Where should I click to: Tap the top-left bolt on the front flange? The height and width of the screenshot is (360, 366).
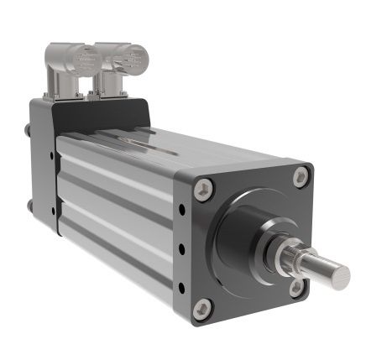point(202,190)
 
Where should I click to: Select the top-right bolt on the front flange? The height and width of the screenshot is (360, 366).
point(300,177)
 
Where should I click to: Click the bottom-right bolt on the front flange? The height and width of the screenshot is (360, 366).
point(296,287)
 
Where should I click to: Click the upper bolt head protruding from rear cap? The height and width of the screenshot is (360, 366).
point(30,131)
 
